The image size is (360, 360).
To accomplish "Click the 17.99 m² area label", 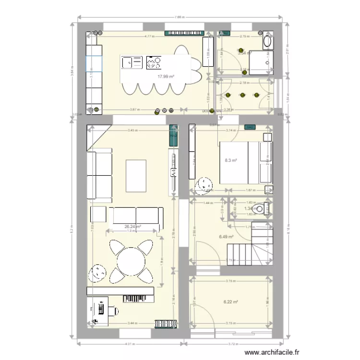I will (x=166, y=76).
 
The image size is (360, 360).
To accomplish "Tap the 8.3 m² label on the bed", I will (x=231, y=161).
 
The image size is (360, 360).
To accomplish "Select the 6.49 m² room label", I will (x=226, y=237).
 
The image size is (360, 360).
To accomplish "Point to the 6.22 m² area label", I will (x=231, y=302).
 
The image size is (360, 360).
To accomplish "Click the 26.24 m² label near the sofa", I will (x=132, y=227).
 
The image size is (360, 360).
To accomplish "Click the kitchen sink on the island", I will (x=132, y=62).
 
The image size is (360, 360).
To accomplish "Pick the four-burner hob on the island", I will (x=154, y=62).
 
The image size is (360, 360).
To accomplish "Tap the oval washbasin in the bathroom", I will (x=267, y=41).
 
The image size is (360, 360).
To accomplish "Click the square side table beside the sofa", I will (x=98, y=214).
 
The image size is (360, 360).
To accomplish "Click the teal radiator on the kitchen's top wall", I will (x=183, y=33).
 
